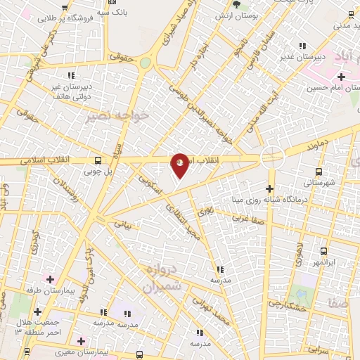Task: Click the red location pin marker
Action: [x=180, y=165]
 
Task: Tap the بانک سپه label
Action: [x=112, y=12]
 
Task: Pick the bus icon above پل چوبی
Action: [x=98, y=159]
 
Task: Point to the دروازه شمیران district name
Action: [x=162, y=278]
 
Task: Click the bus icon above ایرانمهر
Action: [x=323, y=251]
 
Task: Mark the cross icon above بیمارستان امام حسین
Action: [x=341, y=77]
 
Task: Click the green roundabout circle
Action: [x=145, y=63]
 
